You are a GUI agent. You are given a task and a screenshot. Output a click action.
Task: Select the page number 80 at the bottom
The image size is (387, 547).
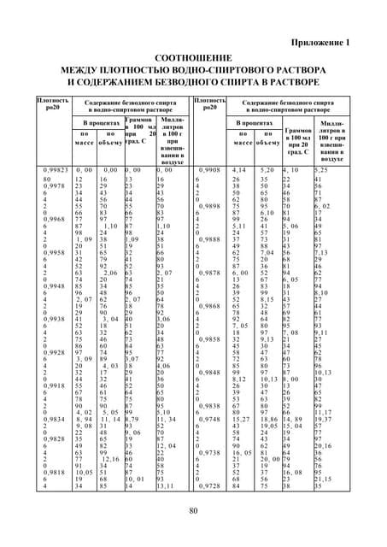[x=193, y=534]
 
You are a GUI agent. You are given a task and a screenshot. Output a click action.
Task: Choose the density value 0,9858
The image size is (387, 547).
[x=208, y=339]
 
